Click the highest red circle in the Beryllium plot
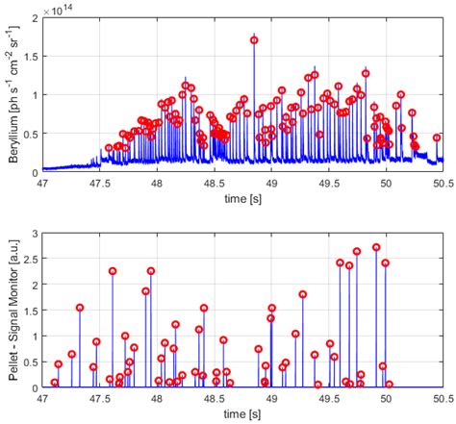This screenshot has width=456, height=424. click(x=254, y=40)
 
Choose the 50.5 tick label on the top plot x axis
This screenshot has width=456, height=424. click(x=443, y=182)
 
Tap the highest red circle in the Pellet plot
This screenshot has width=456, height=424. click(x=376, y=247)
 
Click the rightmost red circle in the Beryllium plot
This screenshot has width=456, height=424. click(x=437, y=137)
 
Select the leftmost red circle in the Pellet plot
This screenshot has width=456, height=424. click(x=55, y=383)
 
